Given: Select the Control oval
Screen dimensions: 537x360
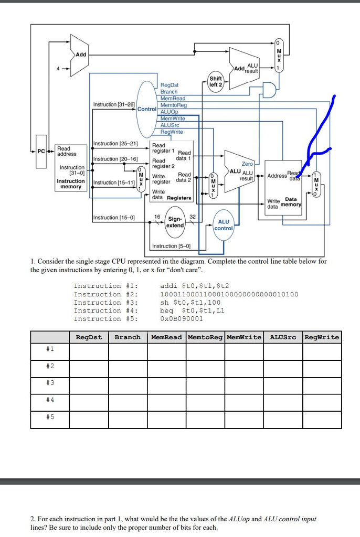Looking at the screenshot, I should pyautogui.click(x=147, y=109).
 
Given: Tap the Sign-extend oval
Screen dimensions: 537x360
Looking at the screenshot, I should pyautogui.click(x=175, y=222).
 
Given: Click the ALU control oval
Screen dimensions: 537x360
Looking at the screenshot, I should pyautogui.click(x=224, y=225).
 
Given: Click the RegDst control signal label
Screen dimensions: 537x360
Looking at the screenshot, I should pyautogui.click(x=170, y=84).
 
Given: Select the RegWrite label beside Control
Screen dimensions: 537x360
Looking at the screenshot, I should pyautogui.click(x=172, y=132).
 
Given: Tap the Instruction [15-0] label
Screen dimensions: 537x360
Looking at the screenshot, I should pyautogui.click(x=114, y=218).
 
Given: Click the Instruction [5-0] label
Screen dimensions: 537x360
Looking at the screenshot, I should pyautogui.click(x=171, y=246).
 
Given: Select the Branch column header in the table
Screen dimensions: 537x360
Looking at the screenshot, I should pyautogui.click(x=128, y=337).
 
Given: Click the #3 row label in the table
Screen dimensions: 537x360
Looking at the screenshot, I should pyautogui.click(x=50, y=382).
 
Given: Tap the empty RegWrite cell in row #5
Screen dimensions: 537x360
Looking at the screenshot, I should pyautogui.click(x=322, y=419).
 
